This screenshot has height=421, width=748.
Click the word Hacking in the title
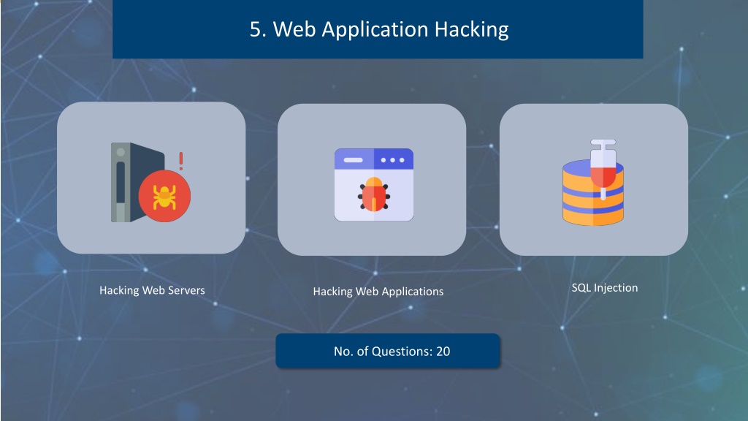coord(471,29)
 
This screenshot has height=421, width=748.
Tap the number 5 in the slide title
coord(256,29)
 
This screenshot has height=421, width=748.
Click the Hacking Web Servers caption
coord(152,290)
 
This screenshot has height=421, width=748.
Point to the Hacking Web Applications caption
coord(378,292)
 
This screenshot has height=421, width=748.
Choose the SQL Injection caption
coord(604,288)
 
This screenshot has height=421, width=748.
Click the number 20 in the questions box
coord(443,352)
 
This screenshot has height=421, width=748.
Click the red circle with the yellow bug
coord(164,196)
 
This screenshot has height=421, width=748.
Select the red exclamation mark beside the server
coord(181,162)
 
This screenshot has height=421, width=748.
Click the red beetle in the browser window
coord(374,194)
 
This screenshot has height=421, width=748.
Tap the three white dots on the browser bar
coord(392,160)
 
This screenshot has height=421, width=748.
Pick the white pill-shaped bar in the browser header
coord(353,160)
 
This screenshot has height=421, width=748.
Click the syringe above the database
coord(603,169)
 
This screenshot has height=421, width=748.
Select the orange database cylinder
coord(593,192)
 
